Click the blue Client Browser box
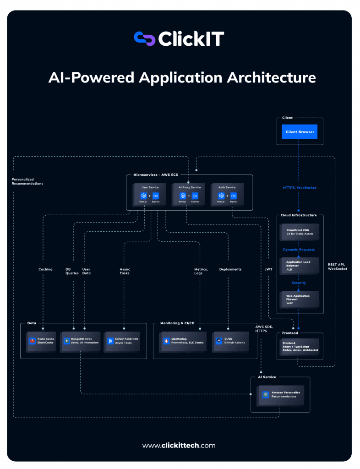(x=300, y=132)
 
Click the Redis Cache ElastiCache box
(x=43, y=341)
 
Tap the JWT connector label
(x=269, y=269)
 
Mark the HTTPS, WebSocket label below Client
(x=299, y=188)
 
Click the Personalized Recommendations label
(x=27, y=181)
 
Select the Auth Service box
(x=227, y=194)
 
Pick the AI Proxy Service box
(x=189, y=194)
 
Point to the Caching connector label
(x=45, y=269)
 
